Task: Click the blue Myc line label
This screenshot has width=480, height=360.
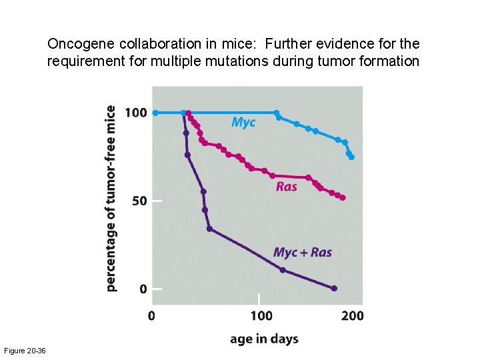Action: coord(243,123)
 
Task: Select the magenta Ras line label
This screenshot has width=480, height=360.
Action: coord(287,187)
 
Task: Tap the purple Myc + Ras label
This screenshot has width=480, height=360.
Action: coord(302,253)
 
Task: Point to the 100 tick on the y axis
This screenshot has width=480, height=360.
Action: coord(136,113)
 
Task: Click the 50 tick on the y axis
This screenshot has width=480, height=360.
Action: coord(139,201)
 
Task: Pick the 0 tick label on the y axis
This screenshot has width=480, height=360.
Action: coord(143,289)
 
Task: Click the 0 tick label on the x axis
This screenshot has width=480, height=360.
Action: coord(151,315)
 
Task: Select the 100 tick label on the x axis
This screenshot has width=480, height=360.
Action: coord(261,315)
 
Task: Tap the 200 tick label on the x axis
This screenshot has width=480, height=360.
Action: coord(353,315)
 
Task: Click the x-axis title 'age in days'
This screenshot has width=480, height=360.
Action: coord(264,339)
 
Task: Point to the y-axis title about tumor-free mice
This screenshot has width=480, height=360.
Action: coord(111,199)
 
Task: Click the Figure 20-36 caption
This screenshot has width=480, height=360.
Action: coord(25,351)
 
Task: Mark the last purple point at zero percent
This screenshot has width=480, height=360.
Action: coord(334,289)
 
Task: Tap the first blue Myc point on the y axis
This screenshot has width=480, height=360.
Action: coord(155,113)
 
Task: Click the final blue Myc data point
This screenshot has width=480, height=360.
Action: coord(351,157)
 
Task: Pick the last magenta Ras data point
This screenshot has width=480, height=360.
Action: coord(343,197)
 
